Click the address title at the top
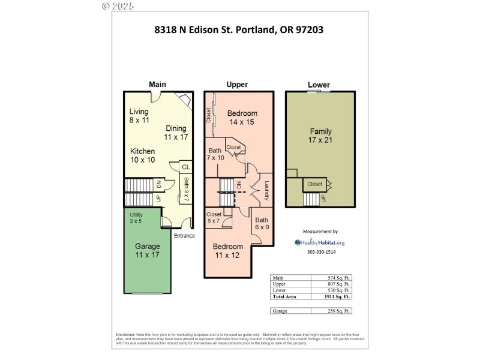pyautogui.click(x=239, y=29)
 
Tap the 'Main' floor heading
pyautogui.click(x=157, y=85)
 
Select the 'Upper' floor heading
pyautogui.click(x=237, y=85)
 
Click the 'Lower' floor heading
pyautogui.click(x=319, y=85)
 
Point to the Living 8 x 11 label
pyautogui.click(x=139, y=116)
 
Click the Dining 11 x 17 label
pyautogui.click(x=176, y=133)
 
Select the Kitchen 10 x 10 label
pyautogui.click(x=143, y=155)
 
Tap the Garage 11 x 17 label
pyautogui.click(x=147, y=251)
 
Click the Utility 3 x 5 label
pyautogui.click(x=136, y=218)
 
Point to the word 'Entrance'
pyautogui.click(x=184, y=236)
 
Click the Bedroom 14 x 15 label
pyautogui.click(x=242, y=118)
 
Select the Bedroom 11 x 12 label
pyautogui.click(x=228, y=251)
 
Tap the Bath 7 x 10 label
pyautogui.click(x=215, y=154)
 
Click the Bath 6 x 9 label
pyautogui.click(x=263, y=223)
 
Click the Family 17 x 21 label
pyautogui.click(x=320, y=136)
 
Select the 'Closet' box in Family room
pyautogui.click(x=314, y=184)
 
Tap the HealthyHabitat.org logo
pyautogui.click(x=319, y=242)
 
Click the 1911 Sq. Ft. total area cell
pyautogui.click(x=331, y=296)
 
